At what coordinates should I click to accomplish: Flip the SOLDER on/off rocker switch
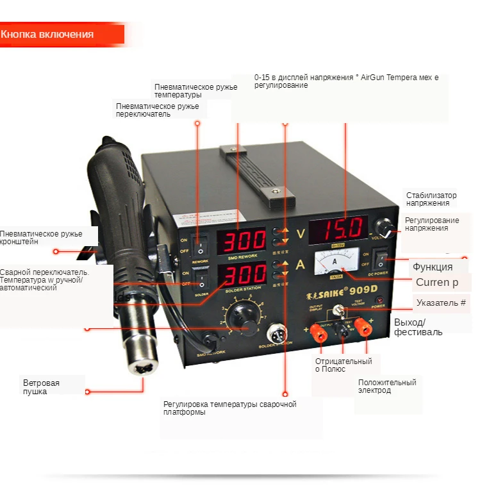(203, 280)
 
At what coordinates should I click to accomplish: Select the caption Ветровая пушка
(41, 387)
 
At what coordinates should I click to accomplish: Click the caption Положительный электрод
(387, 386)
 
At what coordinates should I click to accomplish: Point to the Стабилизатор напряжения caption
(431, 199)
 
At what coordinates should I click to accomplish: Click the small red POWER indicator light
(378, 300)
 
